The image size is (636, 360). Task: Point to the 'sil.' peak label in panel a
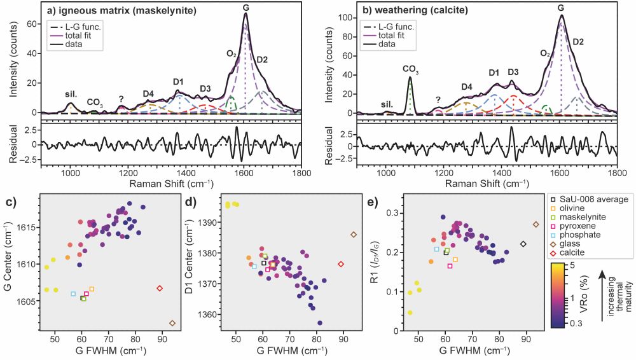pos(71,93)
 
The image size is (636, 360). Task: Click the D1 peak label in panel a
pos(178,81)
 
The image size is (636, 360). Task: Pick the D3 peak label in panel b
pos(513,72)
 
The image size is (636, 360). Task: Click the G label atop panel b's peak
pos(561,7)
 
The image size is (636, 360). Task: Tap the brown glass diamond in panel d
pos(354,235)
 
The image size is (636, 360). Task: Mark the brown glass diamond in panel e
pos(536,225)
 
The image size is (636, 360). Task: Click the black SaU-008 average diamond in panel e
pos(523,244)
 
